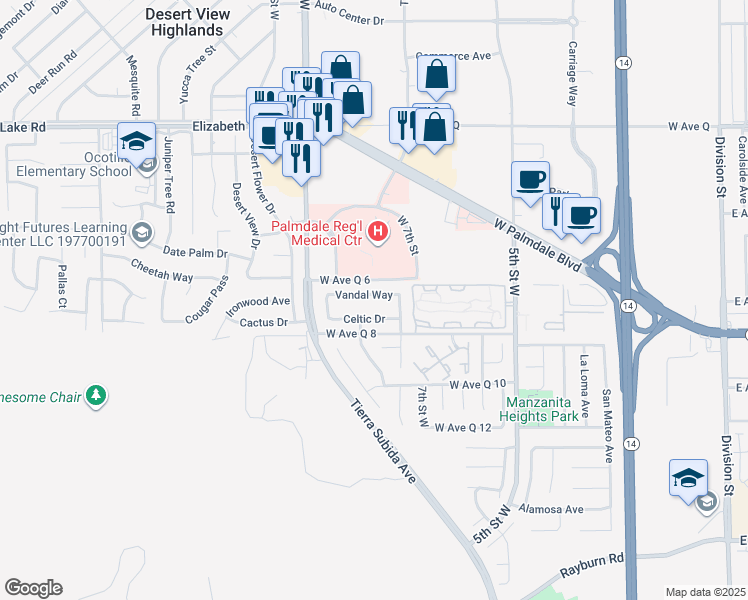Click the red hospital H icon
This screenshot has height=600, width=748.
pos(378,234)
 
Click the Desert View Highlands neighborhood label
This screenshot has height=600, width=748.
pos(188,22)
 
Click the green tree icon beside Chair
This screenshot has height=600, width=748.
pos(96,397)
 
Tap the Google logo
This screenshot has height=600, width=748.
pos(33,588)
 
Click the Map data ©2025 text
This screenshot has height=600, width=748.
pos(704,592)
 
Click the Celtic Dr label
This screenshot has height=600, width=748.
pos(364,319)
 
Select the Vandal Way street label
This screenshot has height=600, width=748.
pos(363,295)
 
